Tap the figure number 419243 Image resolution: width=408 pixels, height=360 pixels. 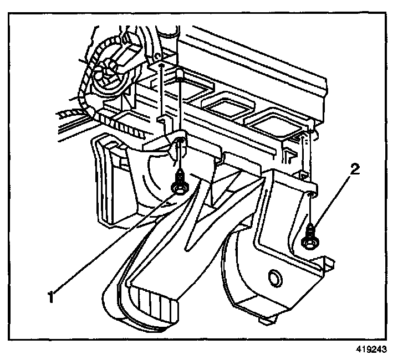point(369,350)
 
